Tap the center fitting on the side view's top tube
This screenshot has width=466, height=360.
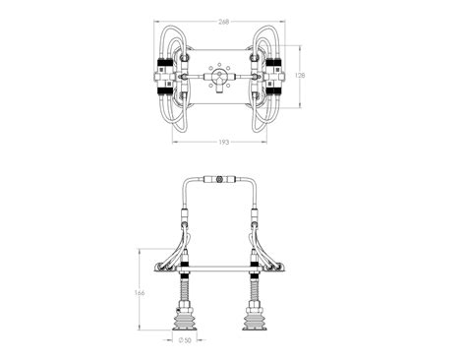click(219, 181)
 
